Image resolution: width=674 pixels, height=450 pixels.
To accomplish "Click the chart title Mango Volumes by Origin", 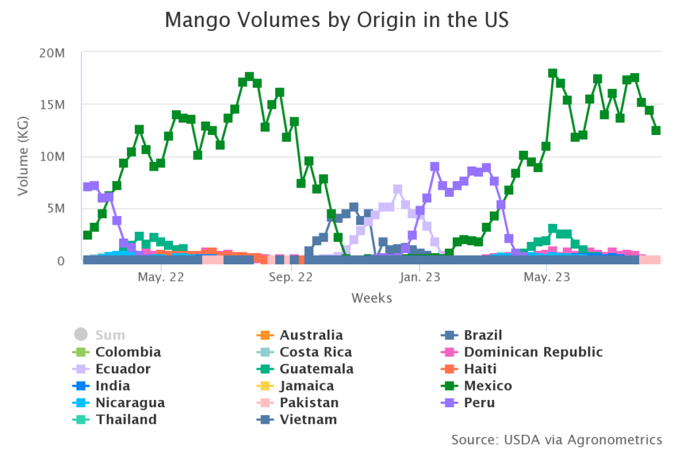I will click(x=336, y=20).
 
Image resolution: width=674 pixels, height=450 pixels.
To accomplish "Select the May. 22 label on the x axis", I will click(x=161, y=277).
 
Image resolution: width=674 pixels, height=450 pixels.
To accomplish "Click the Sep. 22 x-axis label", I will click(x=290, y=277).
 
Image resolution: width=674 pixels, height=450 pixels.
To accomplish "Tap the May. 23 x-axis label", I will click(x=547, y=277).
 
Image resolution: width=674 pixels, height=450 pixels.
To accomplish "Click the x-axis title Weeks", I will click(x=371, y=298).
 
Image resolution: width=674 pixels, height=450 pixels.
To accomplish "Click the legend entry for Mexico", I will click(x=488, y=385).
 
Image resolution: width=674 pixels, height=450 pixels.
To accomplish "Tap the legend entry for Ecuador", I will click(x=122, y=368).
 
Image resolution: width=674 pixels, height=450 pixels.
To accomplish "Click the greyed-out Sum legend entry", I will click(x=109, y=335).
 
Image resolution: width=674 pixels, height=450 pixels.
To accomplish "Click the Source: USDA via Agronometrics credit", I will click(x=557, y=439).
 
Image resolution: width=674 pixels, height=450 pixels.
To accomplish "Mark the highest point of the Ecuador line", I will click(x=398, y=190).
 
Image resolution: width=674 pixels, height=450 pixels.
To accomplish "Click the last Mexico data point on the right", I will click(x=656, y=130).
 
